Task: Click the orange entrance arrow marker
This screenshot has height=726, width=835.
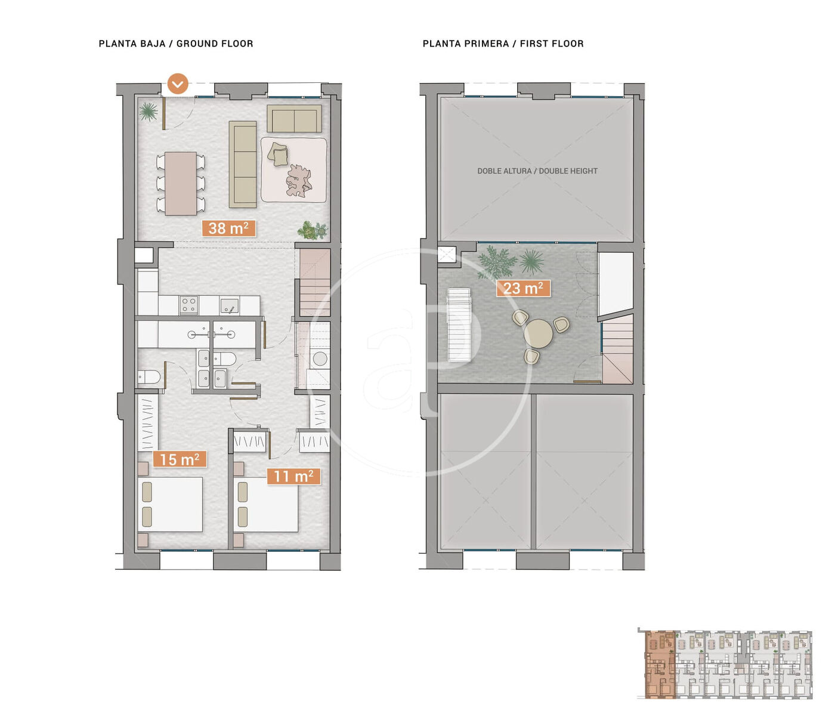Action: tap(178, 84)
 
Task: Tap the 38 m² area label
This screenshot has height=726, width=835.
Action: tap(228, 228)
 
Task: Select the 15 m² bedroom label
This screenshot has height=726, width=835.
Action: tap(180, 459)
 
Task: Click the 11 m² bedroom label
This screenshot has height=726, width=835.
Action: tap(293, 476)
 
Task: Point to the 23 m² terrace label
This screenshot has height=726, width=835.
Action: tap(523, 288)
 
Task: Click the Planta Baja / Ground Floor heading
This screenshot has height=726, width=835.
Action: tap(176, 44)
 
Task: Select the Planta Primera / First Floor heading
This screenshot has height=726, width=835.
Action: tap(503, 44)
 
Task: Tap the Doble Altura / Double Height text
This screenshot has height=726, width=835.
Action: tap(537, 171)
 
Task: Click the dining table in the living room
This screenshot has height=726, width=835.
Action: tap(180, 183)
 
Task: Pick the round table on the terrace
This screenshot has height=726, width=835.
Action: tap(539, 333)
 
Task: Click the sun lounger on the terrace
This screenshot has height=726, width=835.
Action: tap(459, 325)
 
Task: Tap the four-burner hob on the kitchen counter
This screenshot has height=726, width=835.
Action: tap(188, 305)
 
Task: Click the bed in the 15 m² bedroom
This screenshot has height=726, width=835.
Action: tap(170, 505)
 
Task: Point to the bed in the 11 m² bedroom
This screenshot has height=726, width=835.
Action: tap(265, 505)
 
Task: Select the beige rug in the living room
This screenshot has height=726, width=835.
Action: tap(294, 170)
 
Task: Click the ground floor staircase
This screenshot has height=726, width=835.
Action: tap(315, 282)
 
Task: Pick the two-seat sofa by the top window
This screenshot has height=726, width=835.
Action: tap(294, 119)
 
